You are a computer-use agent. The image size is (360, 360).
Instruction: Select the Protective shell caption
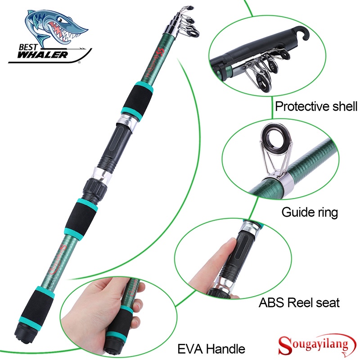click(x=316, y=107)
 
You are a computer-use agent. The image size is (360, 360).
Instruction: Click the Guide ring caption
click(x=310, y=212)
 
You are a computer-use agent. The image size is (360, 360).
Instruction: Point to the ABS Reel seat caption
click(x=299, y=302)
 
